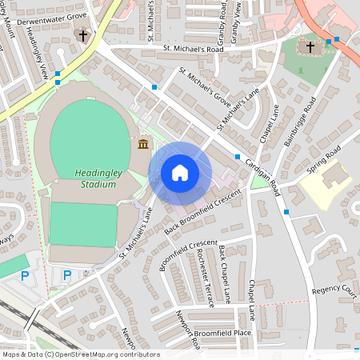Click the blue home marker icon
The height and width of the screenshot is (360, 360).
[180, 173]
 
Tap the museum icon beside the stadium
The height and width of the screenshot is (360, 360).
[143, 144]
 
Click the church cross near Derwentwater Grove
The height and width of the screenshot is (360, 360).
[82, 35]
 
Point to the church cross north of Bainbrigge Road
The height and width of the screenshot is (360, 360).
[310, 47]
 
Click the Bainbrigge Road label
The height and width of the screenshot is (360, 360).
[300, 121]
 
